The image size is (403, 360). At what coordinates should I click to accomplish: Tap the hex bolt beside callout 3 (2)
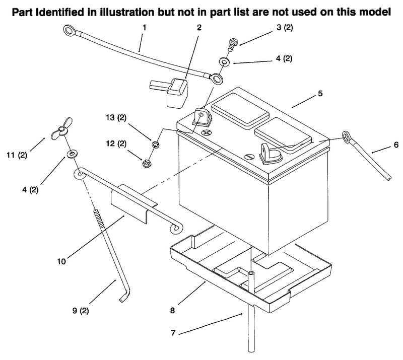click(x=232, y=45)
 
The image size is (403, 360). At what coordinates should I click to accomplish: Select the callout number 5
click(x=320, y=94)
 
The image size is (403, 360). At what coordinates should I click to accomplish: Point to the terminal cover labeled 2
click(x=170, y=93)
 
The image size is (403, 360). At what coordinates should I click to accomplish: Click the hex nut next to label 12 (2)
click(x=146, y=164)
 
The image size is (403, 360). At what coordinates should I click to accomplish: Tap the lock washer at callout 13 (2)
click(x=156, y=145)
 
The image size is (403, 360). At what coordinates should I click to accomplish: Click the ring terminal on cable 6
click(x=346, y=136)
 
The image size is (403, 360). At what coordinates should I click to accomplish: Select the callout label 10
click(x=61, y=262)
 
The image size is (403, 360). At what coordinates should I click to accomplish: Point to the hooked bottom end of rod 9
click(x=124, y=295)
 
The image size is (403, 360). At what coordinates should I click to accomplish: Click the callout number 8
click(x=172, y=311)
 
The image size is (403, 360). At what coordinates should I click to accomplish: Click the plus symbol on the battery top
click(x=207, y=132)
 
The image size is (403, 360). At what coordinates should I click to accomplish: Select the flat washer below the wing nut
click(x=72, y=154)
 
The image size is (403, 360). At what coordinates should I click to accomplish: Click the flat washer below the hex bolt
click(x=224, y=61)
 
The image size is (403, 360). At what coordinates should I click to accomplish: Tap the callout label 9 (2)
click(x=81, y=311)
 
